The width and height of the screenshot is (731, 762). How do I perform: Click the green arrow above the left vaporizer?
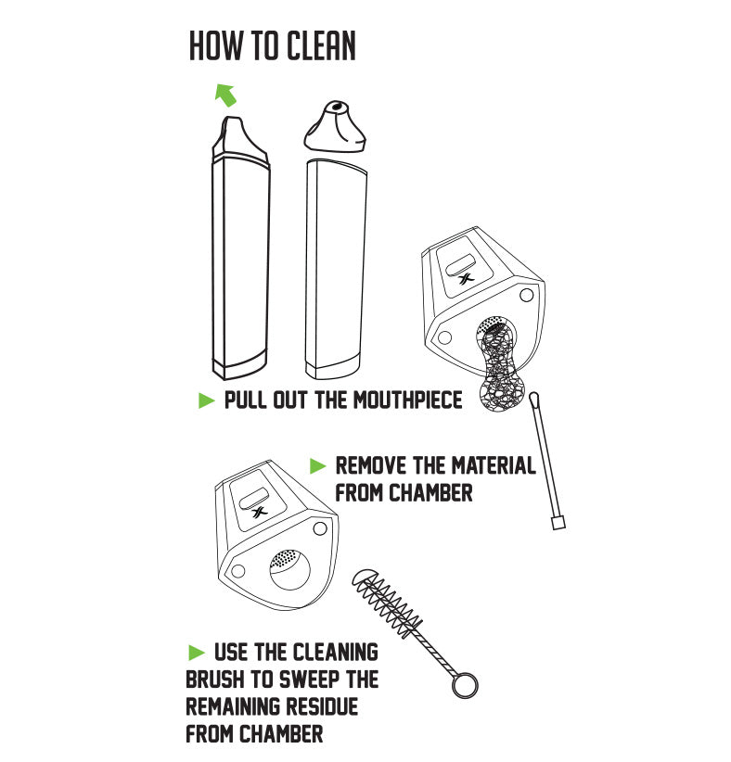(225, 94)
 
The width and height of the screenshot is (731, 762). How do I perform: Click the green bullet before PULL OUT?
(207, 400)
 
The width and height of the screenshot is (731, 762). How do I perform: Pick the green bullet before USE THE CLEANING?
(196, 651)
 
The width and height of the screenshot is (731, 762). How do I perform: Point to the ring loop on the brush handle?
(465, 686)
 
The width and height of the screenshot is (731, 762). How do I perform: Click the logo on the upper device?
(467, 275)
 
